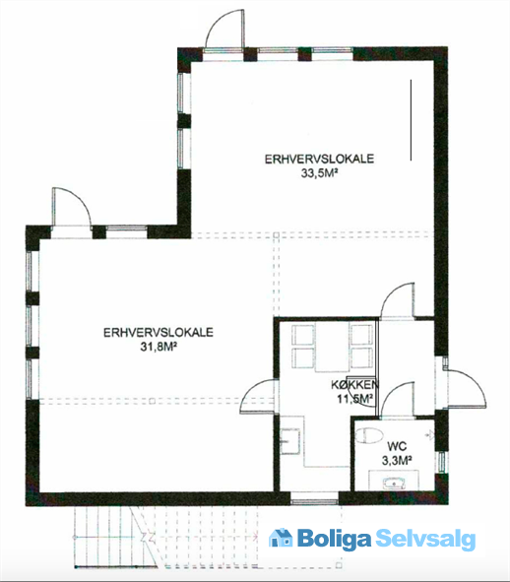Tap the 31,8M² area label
[x=159, y=347]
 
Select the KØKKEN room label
[x=354, y=384]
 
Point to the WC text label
[x=397, y=446]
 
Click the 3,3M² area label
[x=397, y=460]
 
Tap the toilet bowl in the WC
[x=369, y=435]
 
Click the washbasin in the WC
[x=394, y=484]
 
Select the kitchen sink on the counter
[x=289, y=441]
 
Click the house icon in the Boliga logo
[x=281, y=538]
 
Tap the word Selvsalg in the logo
[x=425, y=539]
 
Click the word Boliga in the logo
[x=334, y=539]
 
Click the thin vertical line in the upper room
[x=411, y=120]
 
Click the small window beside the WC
[x=442, y=462]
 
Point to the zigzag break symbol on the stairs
[x=147, y=536]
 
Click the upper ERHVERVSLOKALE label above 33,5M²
[x=319, y=159]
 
